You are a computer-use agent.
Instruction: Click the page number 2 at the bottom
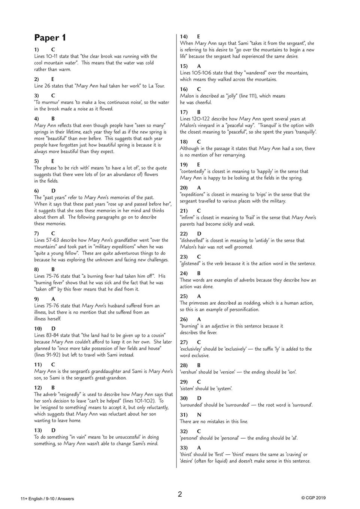[x=180, y=494]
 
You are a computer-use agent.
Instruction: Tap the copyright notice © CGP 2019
[x=313, y=498]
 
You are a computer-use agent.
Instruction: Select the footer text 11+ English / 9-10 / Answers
[x=47, y=499]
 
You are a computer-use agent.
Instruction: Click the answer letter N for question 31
[x=199, y=415]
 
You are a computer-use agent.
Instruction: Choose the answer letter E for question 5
[x=53, y=161]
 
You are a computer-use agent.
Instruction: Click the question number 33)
[x=184, y=448]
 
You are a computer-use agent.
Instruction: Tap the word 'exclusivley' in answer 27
[x=193, y=349]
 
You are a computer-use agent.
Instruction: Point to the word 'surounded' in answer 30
[x=191, y=405]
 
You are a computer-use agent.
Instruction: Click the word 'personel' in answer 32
[x=190, y=438]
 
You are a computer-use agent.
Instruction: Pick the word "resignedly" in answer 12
[x=72, y=394]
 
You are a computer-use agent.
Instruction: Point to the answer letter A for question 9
[x=53, y=299]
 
